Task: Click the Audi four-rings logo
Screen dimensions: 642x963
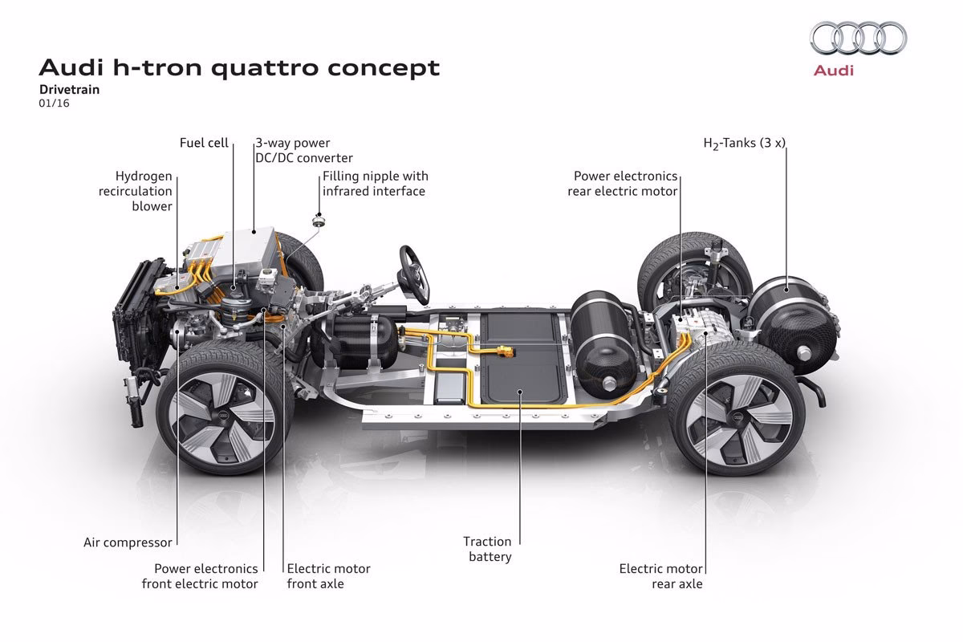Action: (858, 37)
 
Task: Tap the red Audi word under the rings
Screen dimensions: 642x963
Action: (835, 71)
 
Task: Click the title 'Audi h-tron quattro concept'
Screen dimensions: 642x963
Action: (239, 67)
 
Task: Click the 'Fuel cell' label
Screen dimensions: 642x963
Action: (204, 143)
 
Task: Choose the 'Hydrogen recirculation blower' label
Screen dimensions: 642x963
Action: (144, 191)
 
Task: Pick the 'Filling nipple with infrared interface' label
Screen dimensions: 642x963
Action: (375, 183)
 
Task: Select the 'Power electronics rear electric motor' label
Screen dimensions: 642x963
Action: (623, 183)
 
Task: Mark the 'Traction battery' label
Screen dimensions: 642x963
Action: (487, 549)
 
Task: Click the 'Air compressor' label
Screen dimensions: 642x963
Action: (128, 542)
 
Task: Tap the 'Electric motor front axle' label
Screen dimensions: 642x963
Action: (328, 575)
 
